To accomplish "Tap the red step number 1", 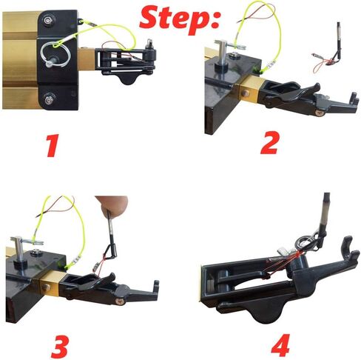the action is point(53,145).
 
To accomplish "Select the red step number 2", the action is point(269,143).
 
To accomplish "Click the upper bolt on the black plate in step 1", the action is point(47,19).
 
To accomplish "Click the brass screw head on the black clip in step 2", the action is point(320,113).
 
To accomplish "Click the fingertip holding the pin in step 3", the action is point(112,204).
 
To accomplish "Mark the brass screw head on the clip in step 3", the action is point(119,301).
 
